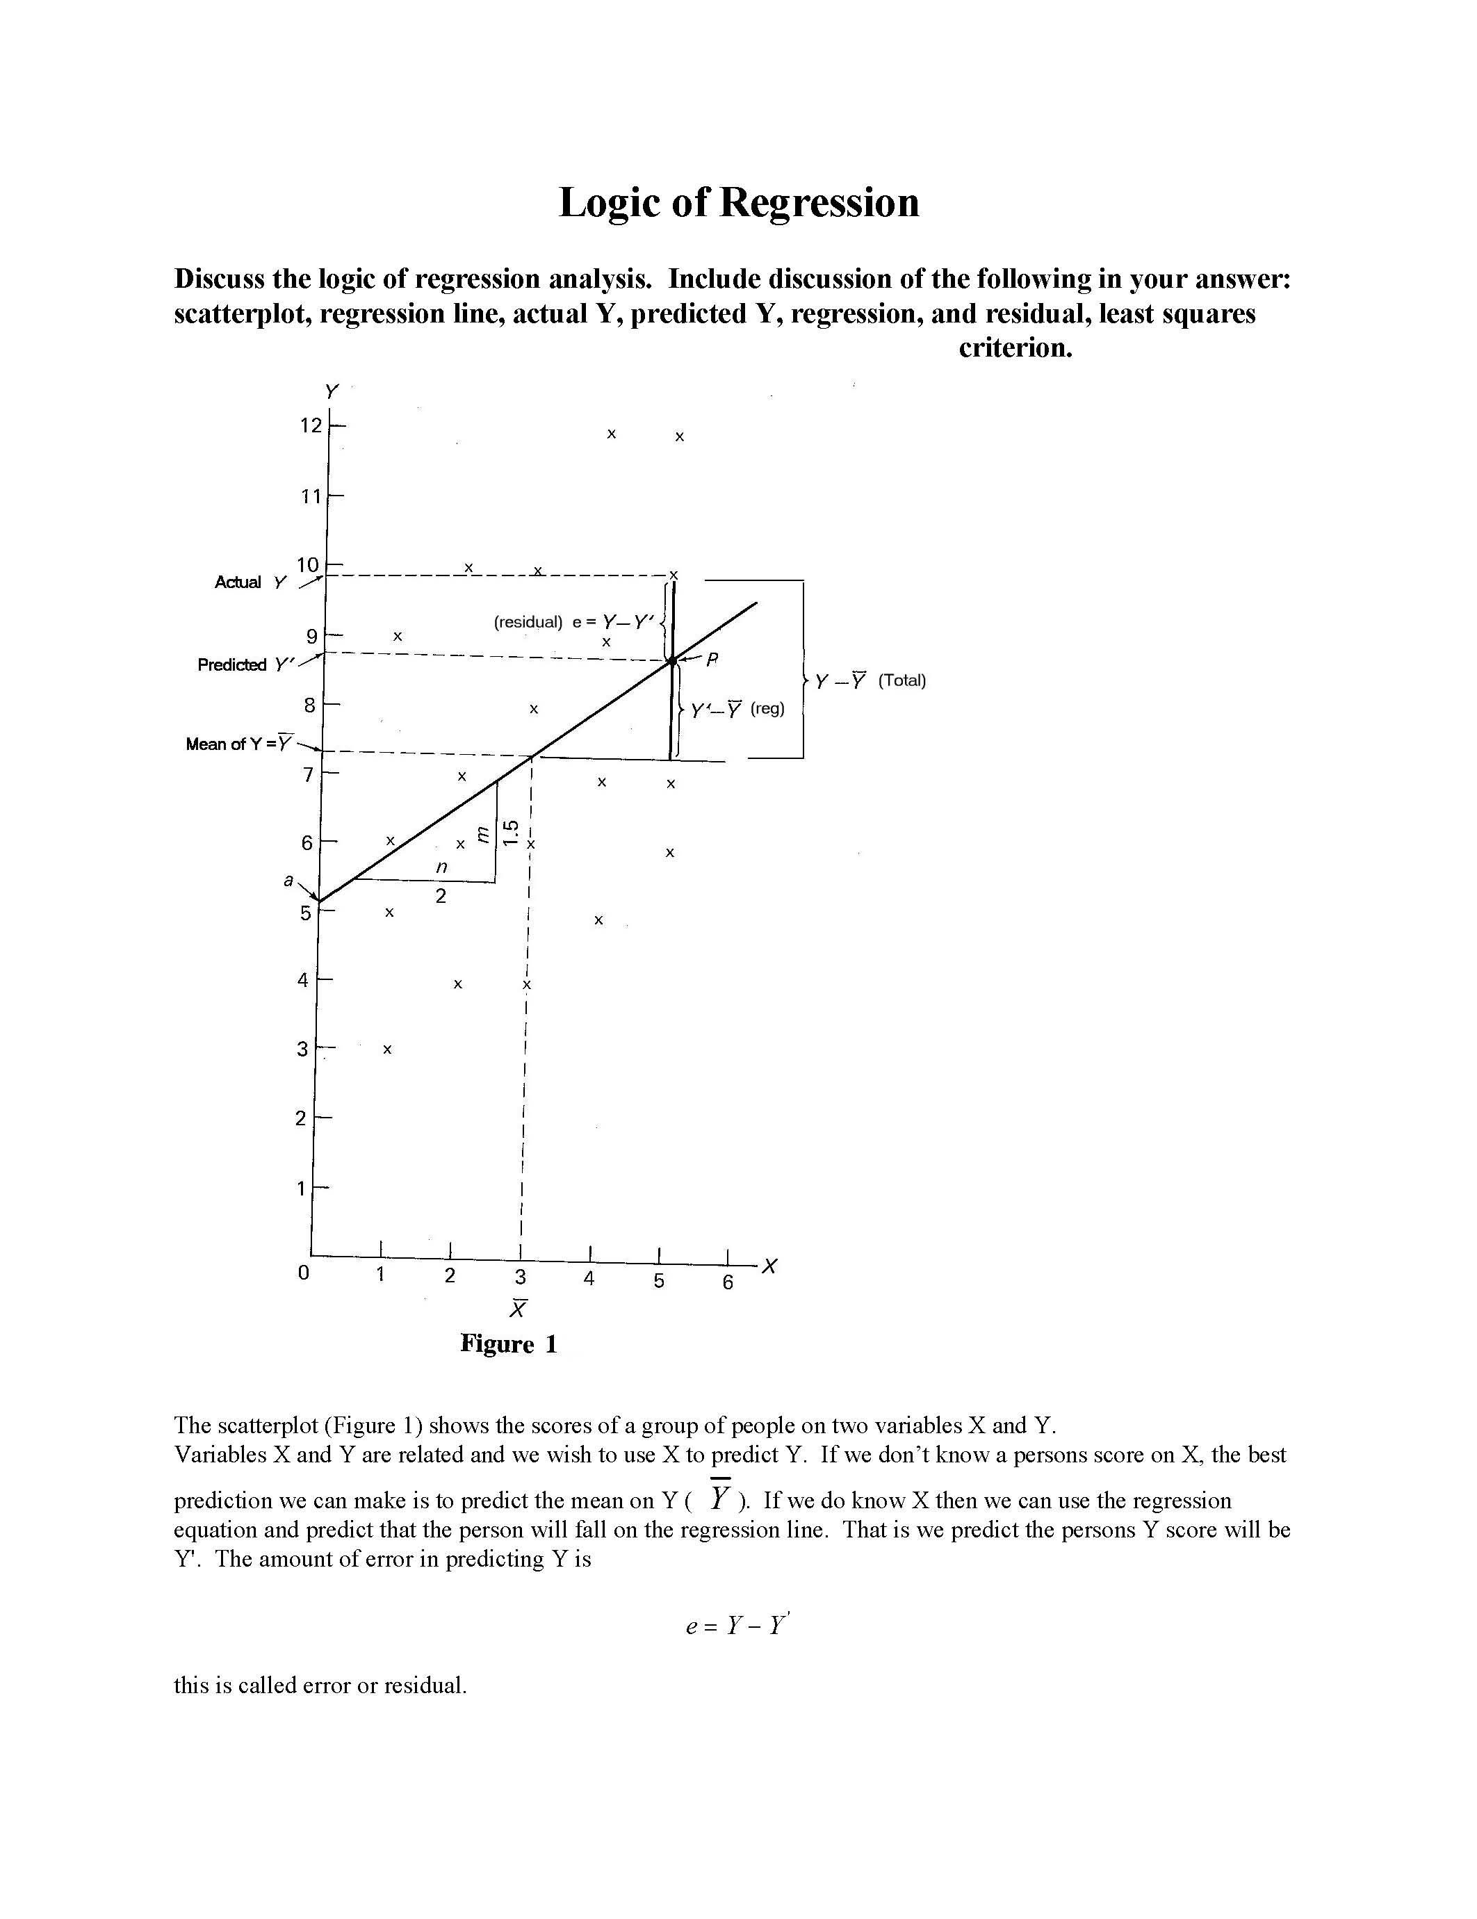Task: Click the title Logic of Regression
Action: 738,203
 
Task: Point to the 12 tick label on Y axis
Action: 311,426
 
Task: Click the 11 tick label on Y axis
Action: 311,496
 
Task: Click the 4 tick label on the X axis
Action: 589,1280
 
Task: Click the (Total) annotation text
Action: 901,680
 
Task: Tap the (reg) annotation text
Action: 767,708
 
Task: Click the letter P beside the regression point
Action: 712,659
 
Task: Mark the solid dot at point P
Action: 672,661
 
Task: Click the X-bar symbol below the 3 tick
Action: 519,1308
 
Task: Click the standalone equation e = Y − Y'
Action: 738,1626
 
